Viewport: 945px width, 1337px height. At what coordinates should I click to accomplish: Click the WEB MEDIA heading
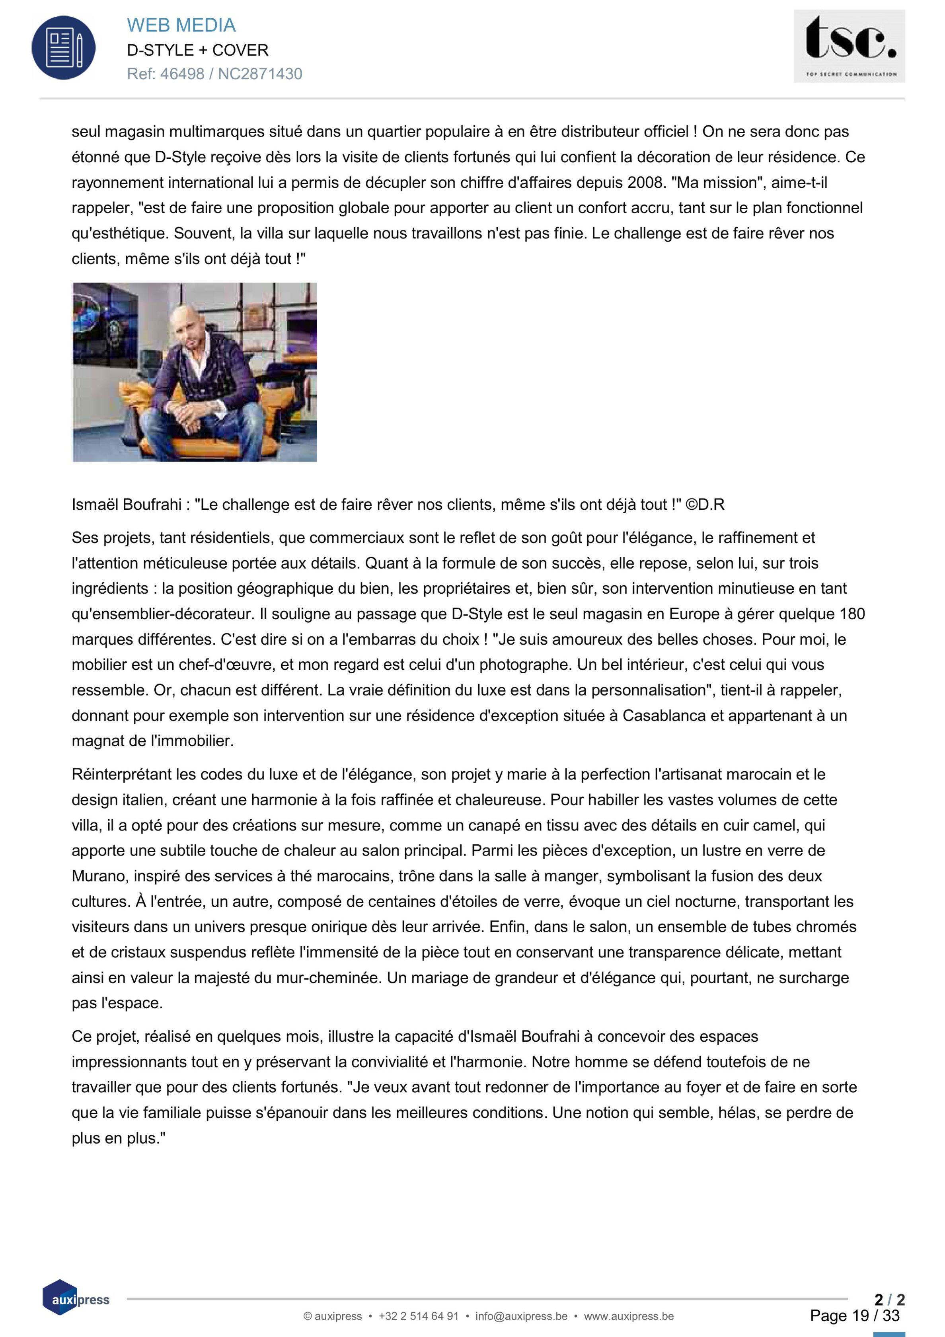pos(181,25)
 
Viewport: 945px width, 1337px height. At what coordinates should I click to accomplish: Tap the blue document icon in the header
pos(64,48)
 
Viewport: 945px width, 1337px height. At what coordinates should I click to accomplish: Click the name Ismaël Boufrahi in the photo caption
pos(127,504)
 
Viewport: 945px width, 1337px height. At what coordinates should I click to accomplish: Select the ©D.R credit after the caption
pos(705,504)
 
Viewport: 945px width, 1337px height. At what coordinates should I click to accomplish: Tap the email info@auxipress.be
pos(521,1316)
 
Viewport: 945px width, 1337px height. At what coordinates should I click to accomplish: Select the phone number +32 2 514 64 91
pos(418,1316)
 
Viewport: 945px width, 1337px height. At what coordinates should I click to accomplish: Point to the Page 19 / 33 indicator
pos(854,1316)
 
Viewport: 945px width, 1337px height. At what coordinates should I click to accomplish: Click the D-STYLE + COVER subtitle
pos(197,50)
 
